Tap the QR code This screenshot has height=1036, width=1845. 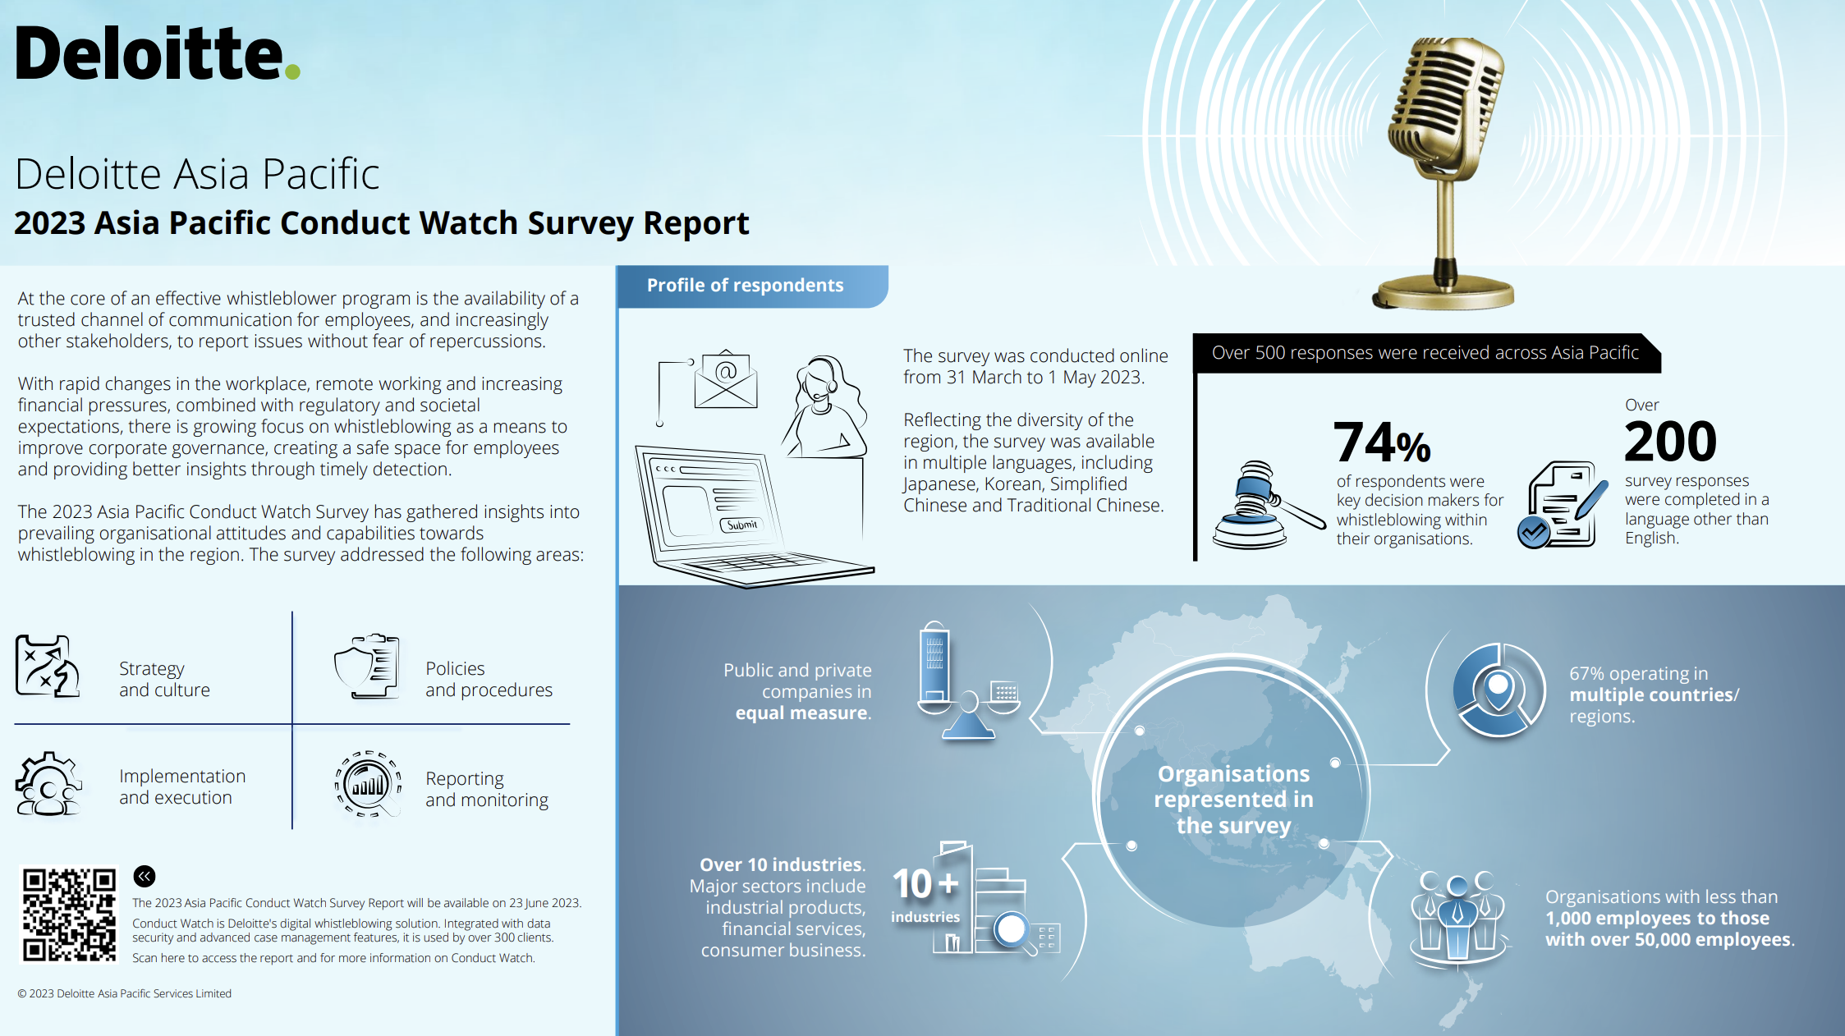69,914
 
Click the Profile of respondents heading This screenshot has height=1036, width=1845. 745,285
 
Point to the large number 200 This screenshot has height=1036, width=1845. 1670,442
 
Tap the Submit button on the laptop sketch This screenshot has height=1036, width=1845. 741,525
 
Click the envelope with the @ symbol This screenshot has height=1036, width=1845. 725,378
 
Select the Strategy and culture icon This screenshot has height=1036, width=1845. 48,666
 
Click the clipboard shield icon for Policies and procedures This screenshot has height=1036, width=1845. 367,666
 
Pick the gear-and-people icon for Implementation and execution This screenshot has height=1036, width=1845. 48,784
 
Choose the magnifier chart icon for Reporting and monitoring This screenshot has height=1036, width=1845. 369,784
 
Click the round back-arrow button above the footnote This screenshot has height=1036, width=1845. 145,876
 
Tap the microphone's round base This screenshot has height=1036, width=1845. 1443,292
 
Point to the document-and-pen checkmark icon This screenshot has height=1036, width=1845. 1563,505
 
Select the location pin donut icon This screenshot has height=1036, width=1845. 1498,690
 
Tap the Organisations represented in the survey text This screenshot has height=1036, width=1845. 1233,799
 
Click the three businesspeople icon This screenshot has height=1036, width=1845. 1457,917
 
